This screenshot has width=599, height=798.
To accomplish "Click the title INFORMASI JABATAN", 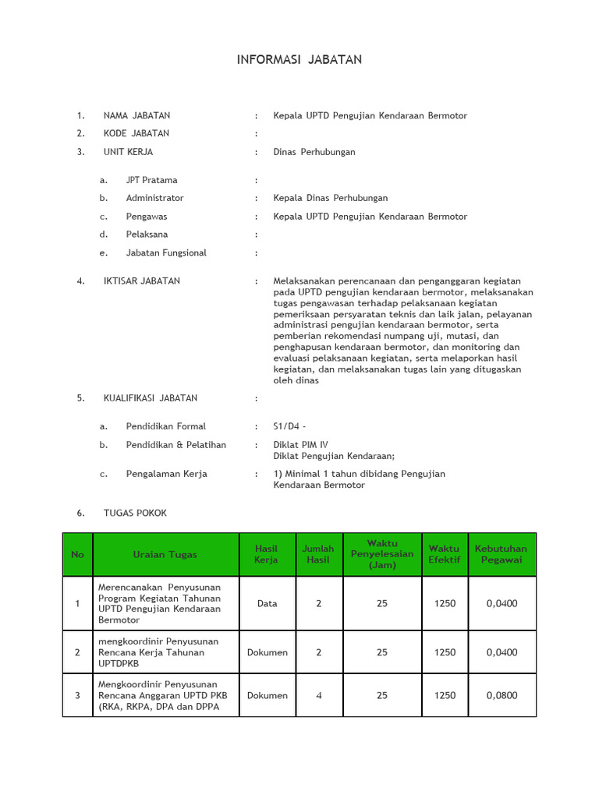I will [299, 60].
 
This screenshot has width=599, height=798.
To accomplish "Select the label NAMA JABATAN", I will [136, 115].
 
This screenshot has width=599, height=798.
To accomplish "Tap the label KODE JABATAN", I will [136, 133].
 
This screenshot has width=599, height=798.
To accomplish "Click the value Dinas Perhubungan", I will [314, 152].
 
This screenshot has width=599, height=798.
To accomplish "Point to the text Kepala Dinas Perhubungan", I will [330, 198].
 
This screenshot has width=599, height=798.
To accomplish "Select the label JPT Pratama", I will [151, 180].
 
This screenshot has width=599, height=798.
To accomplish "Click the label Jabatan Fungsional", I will [166, 252].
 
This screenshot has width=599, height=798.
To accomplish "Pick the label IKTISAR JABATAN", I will [141, 281].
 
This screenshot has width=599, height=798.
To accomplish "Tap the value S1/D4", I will [286, 426].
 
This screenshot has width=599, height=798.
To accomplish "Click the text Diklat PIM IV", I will [300, 445].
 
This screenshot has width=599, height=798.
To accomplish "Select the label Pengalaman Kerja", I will [166, 474].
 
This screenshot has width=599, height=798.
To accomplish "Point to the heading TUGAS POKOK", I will [134, 513].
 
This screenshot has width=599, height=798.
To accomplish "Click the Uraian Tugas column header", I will [165, 554].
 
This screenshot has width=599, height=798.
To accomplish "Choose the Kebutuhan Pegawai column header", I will [501, 554].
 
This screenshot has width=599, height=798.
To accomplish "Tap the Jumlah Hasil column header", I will [318, 554].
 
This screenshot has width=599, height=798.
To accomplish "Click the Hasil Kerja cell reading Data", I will [267, 603].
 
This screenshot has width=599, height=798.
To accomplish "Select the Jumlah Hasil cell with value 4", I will [318, 695].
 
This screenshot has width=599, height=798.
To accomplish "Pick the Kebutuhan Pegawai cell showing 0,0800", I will [501, 695].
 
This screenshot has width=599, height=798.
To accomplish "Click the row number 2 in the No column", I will [77, 652].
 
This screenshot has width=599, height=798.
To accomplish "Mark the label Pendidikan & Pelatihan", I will [175, 445].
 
